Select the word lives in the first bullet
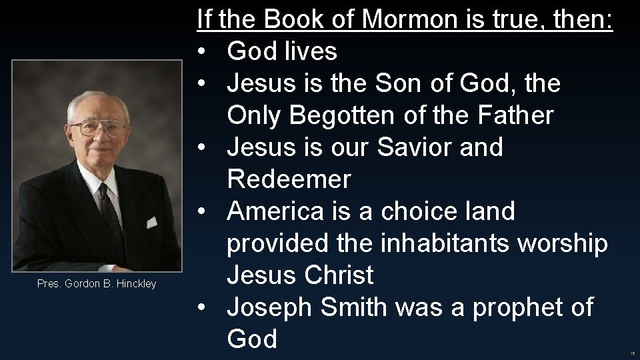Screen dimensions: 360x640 pos(327,52)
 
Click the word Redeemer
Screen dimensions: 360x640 pos(289,179)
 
